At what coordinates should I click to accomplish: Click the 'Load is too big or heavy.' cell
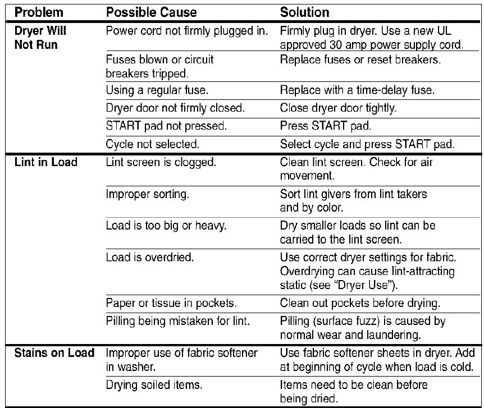158,227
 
